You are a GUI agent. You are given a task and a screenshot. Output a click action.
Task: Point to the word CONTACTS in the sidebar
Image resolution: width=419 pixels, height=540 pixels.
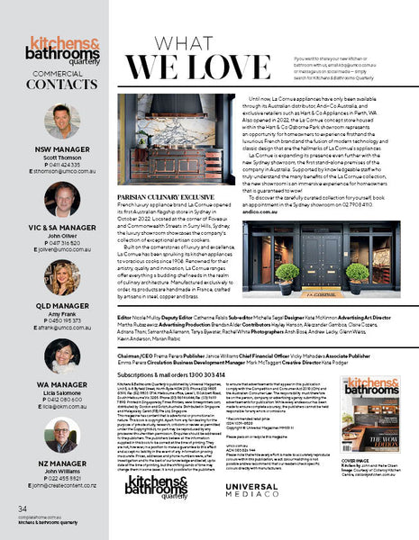coord(62,85)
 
